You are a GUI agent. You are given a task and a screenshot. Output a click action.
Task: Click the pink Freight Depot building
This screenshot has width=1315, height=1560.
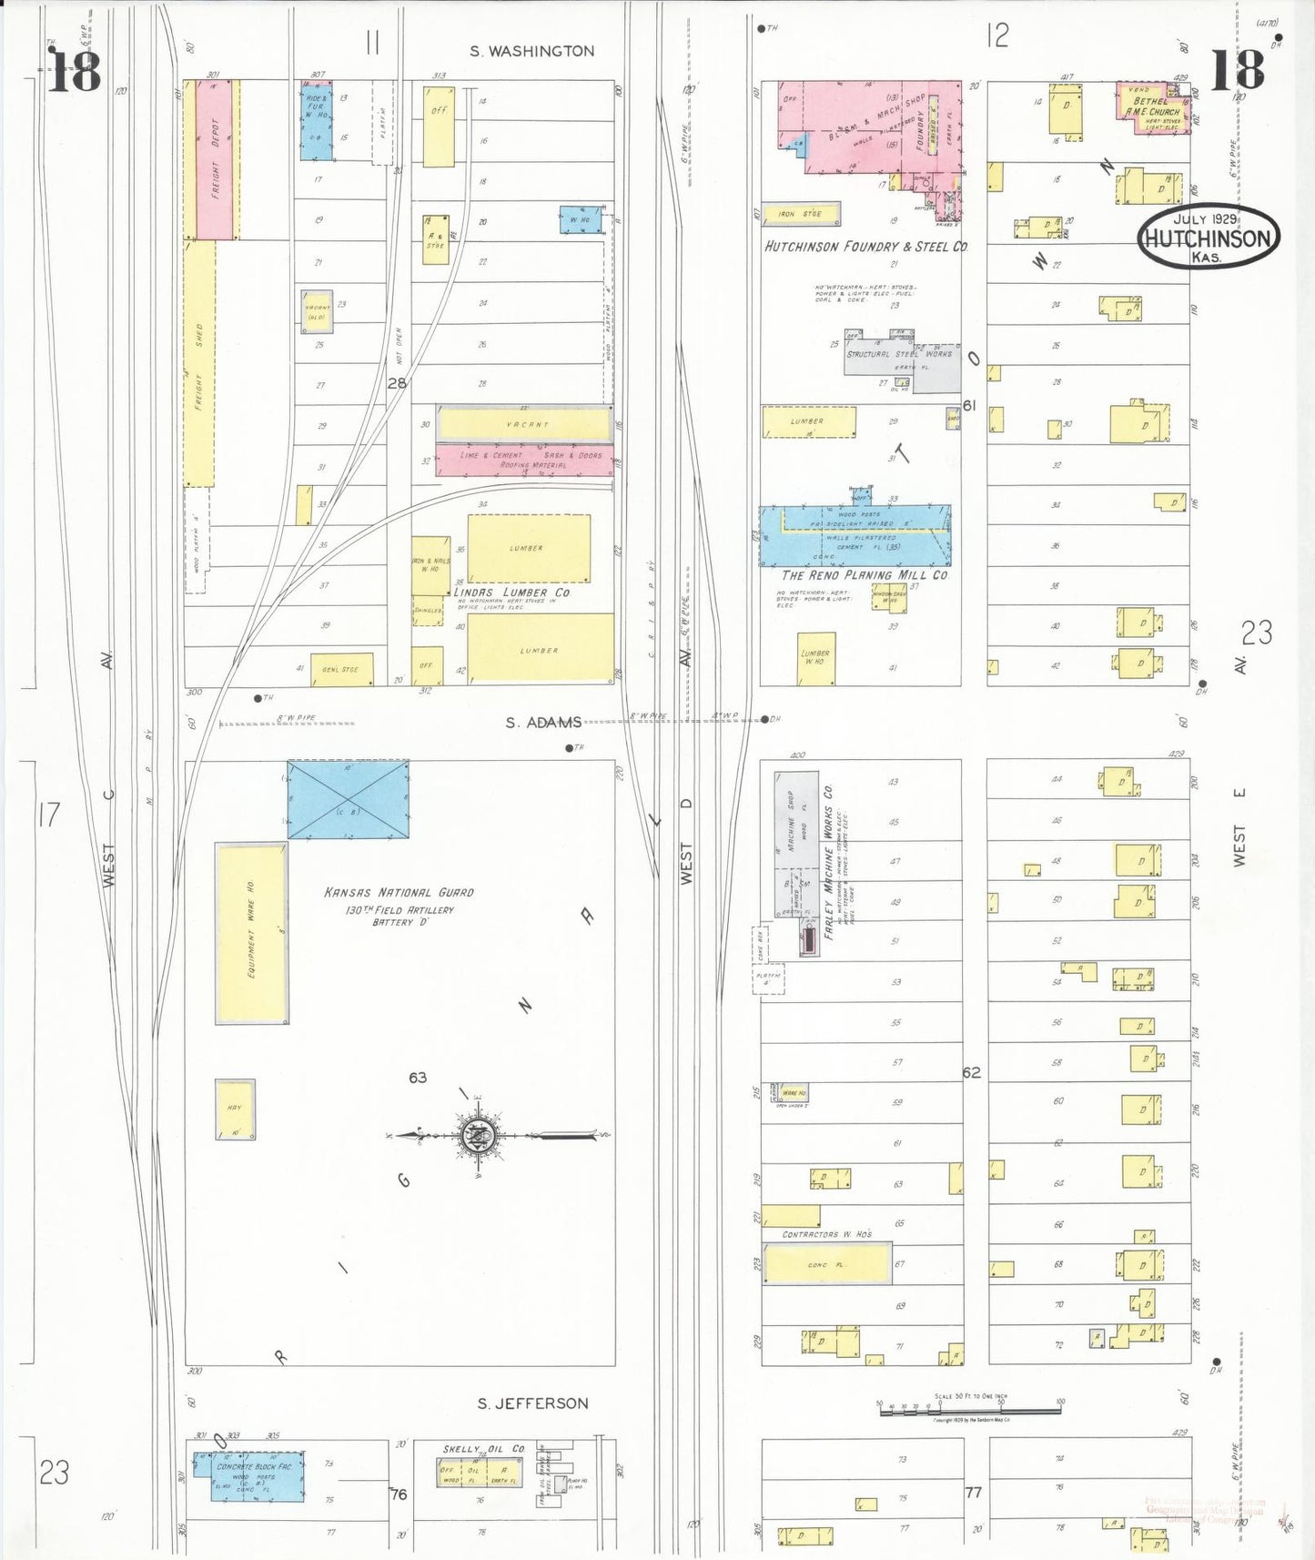(x=213, y=160)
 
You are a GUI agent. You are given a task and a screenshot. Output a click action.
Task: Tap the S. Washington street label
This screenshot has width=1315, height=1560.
(x=531, y=52)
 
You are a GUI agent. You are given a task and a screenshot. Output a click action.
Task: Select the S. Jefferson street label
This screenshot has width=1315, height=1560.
(x=532, y=1403)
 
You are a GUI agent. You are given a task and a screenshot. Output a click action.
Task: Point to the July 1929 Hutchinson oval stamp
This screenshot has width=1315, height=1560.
(x=1208, y=237)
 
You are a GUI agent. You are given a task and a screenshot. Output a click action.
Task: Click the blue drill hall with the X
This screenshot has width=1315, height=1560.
(x=348, y=799)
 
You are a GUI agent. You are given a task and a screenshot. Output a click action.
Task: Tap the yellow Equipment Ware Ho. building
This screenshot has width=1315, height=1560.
(x=251, y=934)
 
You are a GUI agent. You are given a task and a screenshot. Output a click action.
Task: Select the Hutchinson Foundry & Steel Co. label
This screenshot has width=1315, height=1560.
(x=865, y=247)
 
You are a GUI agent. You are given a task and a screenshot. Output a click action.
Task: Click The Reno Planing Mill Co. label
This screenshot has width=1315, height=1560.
(x=865, y=575)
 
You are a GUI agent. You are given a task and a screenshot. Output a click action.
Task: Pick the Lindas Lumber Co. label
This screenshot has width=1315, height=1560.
(x=512, y=593)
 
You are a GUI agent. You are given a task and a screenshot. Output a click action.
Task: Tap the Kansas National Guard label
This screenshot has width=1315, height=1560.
(x=399, y=893)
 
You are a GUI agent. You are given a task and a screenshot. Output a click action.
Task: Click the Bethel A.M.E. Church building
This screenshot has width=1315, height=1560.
(x=1154, y=109)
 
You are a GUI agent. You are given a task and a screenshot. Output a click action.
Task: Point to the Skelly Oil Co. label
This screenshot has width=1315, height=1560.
(x=484, y=1449)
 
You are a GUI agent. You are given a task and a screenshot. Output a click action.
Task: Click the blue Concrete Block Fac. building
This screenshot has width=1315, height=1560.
(x=258, y=1475)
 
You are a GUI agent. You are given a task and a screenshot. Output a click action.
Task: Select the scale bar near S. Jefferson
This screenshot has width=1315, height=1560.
(x=969, y=1410)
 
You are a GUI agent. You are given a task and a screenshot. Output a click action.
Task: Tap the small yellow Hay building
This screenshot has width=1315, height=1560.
(x=235, y=1109)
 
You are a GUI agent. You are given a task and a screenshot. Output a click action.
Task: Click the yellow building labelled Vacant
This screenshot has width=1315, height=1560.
(x=525, y=424)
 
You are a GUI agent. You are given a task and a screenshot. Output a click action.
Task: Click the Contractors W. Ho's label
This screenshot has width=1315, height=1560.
(x=826, y=1234)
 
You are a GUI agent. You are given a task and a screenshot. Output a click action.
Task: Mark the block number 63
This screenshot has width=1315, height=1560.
(x=418, y=1078)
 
